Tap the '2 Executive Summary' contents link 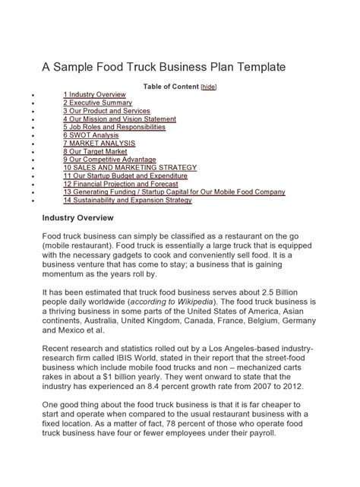[97, 103]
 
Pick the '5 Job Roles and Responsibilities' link [114, 127]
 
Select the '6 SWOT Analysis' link [91, 135]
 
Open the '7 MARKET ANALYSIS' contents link [99, 144]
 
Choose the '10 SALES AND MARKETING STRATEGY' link [130, 168]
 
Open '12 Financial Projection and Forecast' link [122, 185]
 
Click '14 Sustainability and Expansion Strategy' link [128, 201]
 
